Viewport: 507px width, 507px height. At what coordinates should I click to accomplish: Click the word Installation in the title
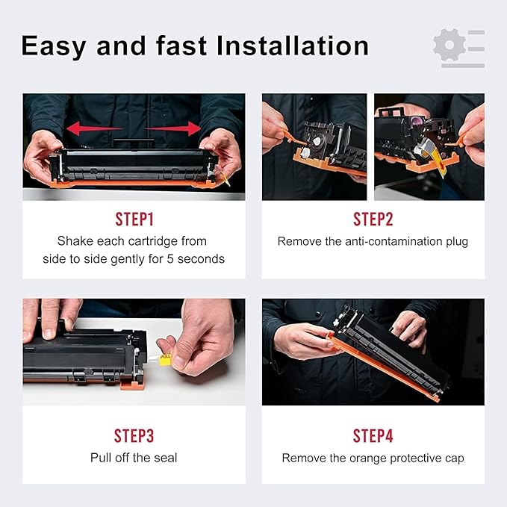[293, 46]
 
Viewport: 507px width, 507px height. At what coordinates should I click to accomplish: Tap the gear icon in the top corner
[449, 45]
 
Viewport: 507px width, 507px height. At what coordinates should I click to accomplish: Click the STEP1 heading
[134, 220]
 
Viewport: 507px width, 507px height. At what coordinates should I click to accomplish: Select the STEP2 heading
[373, 220]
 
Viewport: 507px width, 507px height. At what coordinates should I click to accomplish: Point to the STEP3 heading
[134, 435]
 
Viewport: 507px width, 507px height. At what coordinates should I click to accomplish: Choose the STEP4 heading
[373, 435]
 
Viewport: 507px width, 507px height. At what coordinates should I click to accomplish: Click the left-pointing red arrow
[94, 128]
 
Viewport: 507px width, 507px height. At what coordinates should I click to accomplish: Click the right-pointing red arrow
[173, 128]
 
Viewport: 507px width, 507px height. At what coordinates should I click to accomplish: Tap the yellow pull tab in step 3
[165, 360]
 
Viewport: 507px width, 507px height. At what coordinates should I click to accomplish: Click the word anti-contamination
[394, 241]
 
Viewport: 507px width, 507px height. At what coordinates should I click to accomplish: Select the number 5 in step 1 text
[170, 259]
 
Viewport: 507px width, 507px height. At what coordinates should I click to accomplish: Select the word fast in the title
[181, 46]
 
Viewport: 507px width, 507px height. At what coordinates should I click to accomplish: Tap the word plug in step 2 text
[457, 242]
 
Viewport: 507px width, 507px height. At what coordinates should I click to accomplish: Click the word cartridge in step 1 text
[153, 242]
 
